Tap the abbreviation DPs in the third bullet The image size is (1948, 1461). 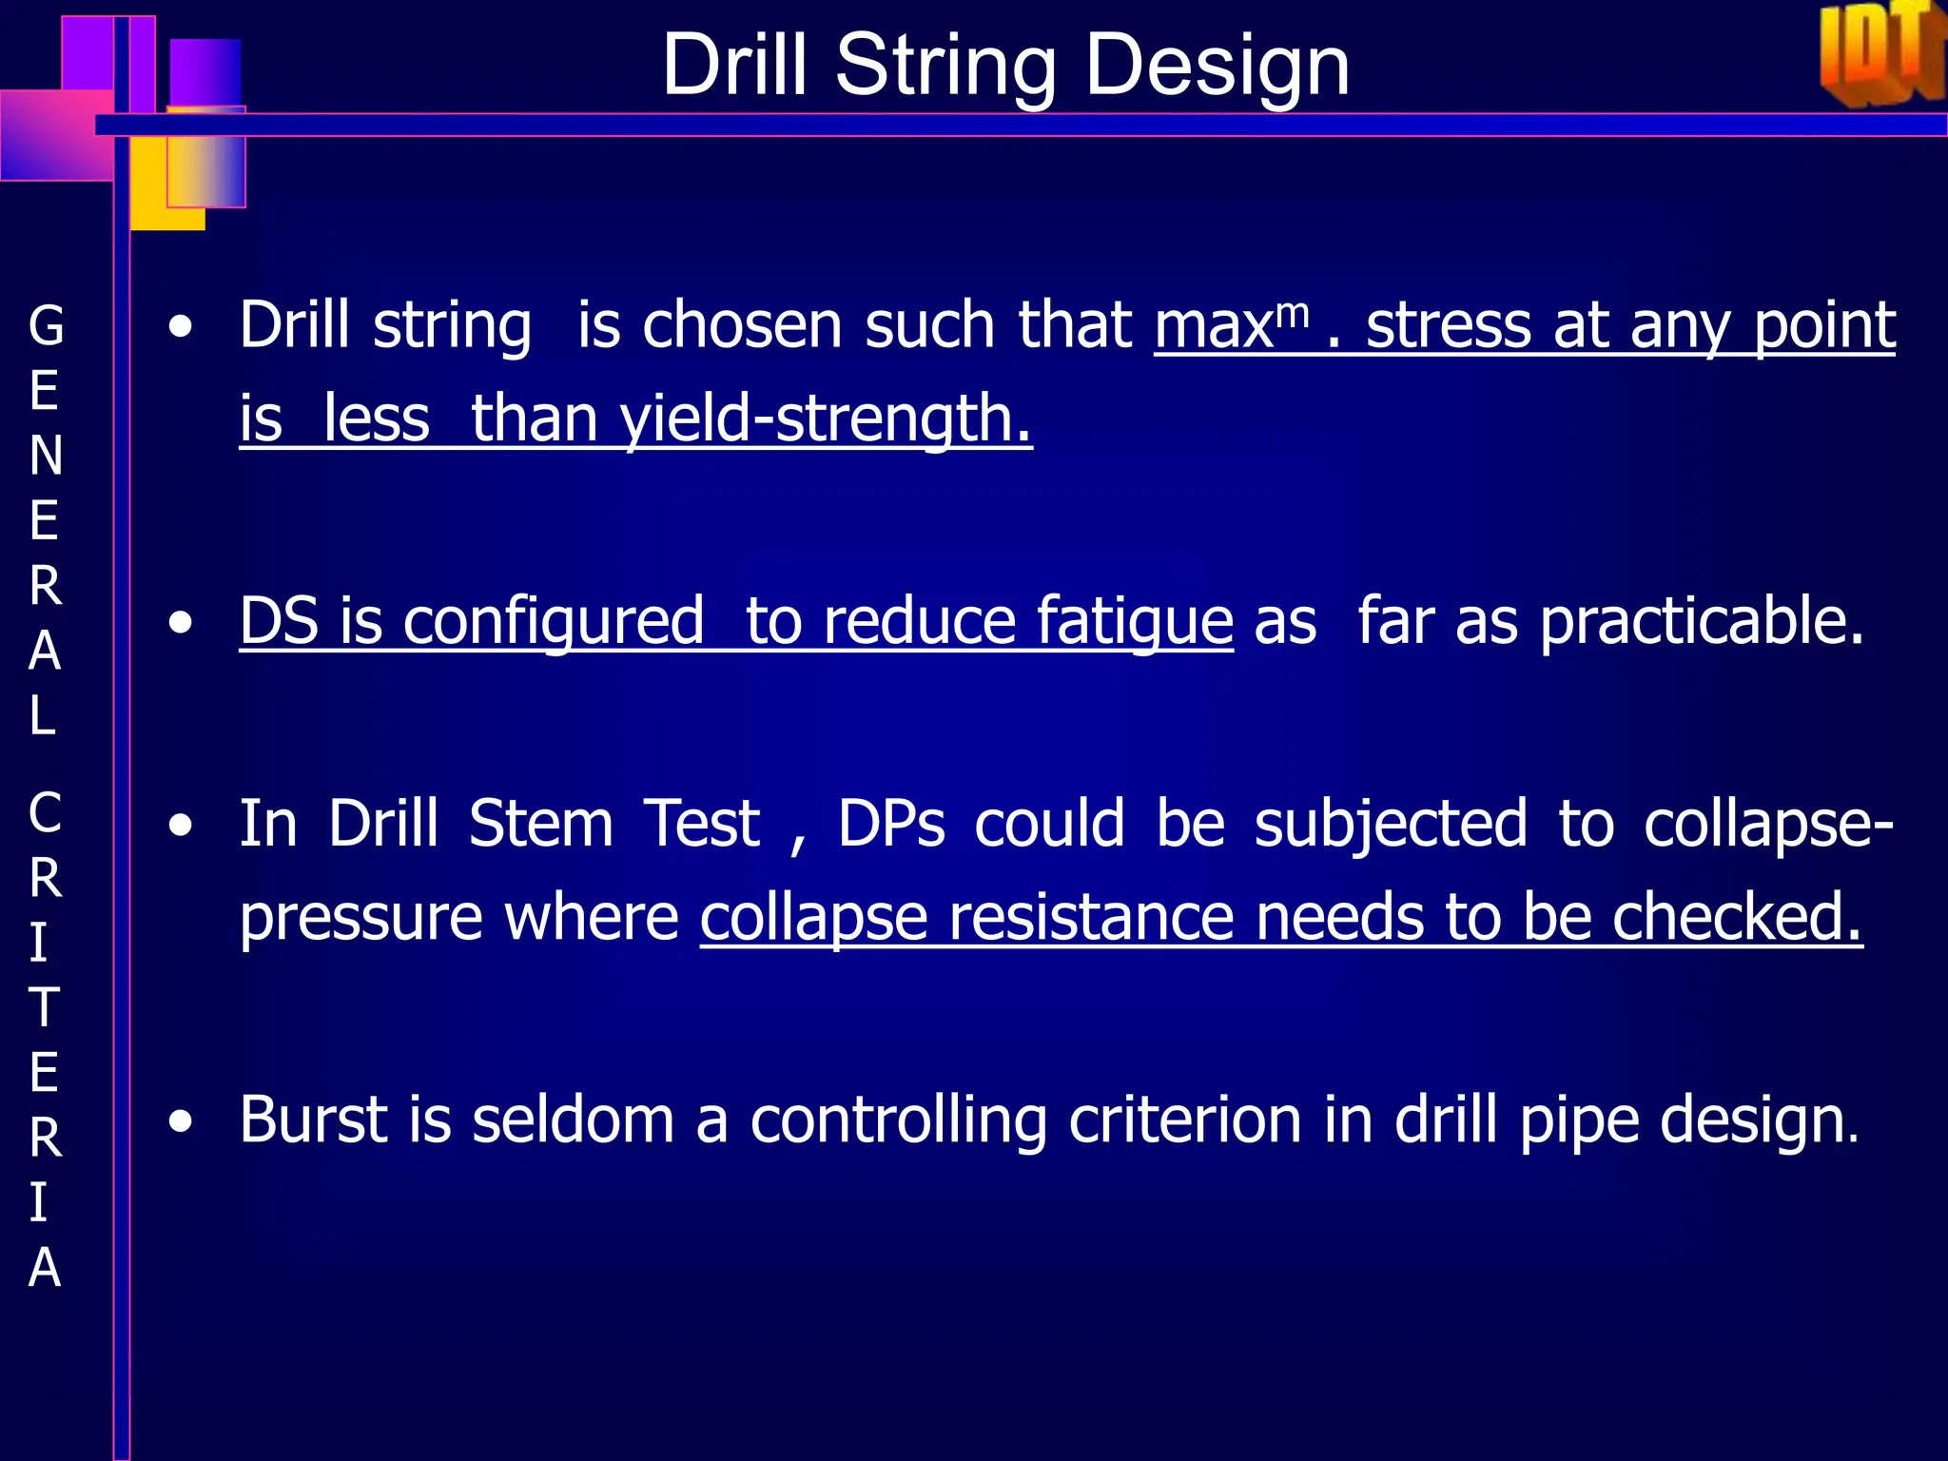pyautogui.click(x=891, y=823)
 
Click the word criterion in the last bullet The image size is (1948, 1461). pyautogui.click(x=1185, y=1120)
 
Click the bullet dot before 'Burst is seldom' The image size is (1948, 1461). pyautogui.click(x=180, y=1121)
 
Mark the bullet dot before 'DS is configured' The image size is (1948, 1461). pyautogui.click(x=180, y=623)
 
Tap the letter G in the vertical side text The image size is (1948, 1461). pyautogui.click(x=46, y=326)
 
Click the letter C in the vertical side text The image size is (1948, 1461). pyautogui.click(x=45, y=813)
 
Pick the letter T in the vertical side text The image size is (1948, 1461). pyautogui.click(x=44, y=1007)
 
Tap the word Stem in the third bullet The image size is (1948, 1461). pyautogui.click(x=540, y=823)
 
